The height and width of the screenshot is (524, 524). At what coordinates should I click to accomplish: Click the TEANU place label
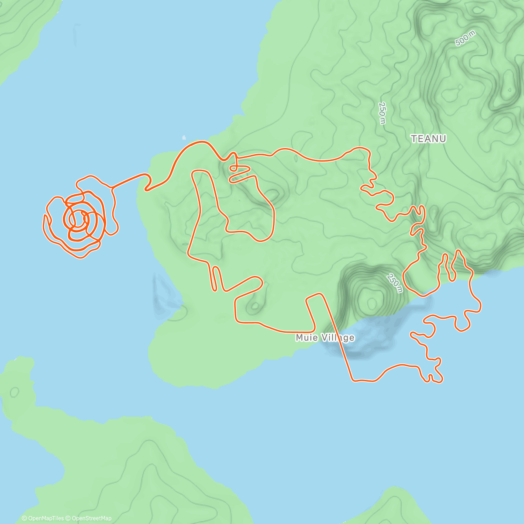[x=428, y=139]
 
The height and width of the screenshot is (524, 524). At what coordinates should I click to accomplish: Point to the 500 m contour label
[x=465, y=39]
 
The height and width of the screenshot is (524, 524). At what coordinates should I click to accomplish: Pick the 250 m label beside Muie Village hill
[x=394, y=283]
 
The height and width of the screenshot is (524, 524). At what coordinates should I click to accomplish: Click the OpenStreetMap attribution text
[x=91, y=518]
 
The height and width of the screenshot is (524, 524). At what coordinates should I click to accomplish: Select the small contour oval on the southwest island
[x=14, y=392]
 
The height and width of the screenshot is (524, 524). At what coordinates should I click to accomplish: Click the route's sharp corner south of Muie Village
[x=353, y=380]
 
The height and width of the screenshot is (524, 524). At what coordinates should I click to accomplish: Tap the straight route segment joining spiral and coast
[x=129, y=181]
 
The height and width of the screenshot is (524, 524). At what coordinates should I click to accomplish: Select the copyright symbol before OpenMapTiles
[x=25, y=518]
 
